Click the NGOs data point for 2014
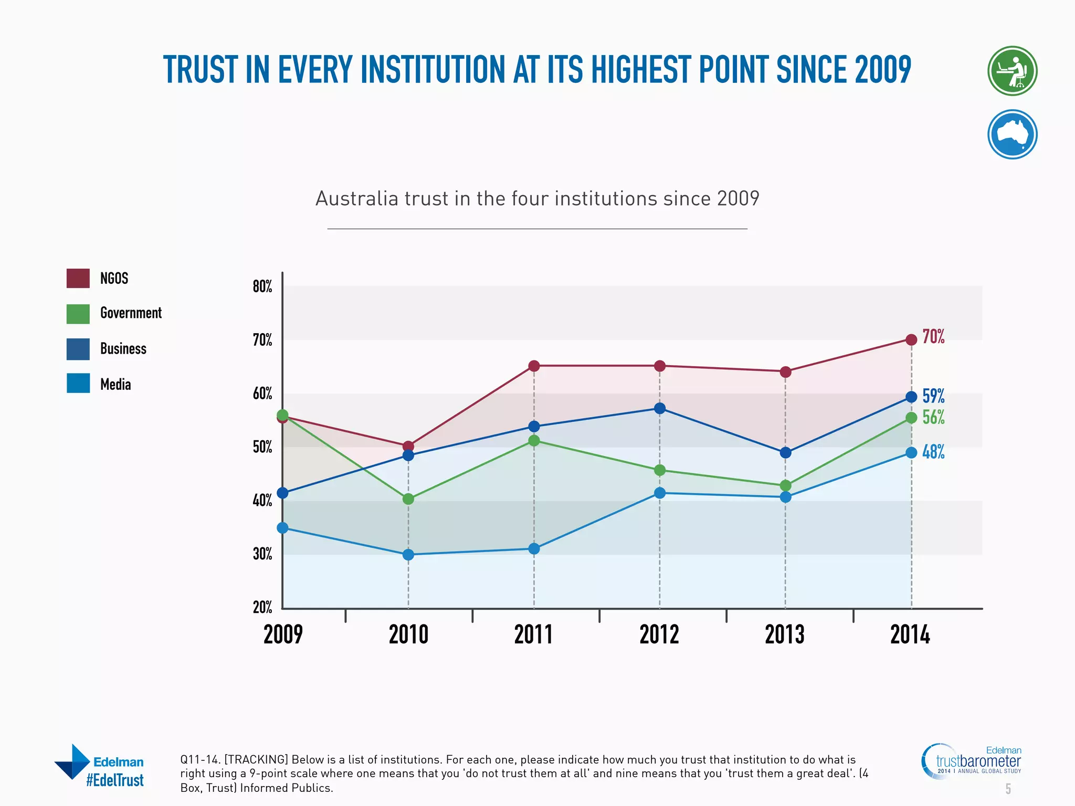(x=911, y=340)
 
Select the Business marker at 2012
(x=660, y=408)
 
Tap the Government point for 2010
(x=408, y=499)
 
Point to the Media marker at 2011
(x=534, y=549)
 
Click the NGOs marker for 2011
(x=534, y=366)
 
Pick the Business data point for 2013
(x=785, y=452)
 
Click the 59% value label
(x=933, y=396)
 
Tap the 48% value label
(x=933, y=452)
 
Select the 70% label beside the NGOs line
(x=933, y=336)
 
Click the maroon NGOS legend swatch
(x=78, y=278)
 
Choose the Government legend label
(x=131, y=313)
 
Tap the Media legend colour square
(x=78, y=384)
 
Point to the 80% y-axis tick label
(x=262, y=287)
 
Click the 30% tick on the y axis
(x=262, y=554)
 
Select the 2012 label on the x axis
(x=659, y=635)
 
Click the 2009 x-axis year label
(x=283, y=635)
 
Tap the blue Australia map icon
(x=1012, y=134)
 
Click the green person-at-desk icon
(x=1012, y=71)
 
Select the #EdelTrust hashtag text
(x=114, y=780)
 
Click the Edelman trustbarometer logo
(x=971, y=761)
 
